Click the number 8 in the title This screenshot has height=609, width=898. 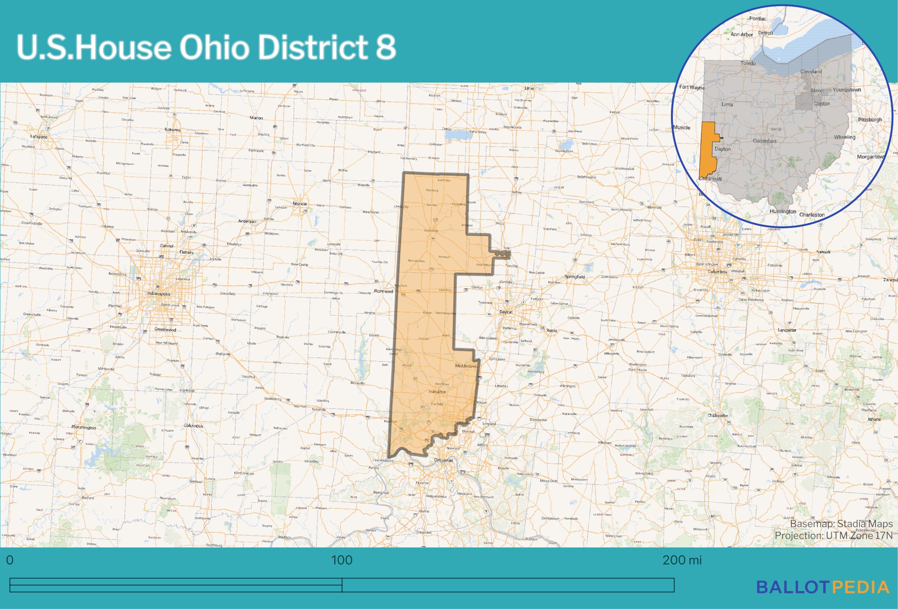point(385,47)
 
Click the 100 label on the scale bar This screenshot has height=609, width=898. point(341,560)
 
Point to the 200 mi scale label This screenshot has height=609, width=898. point(681,560)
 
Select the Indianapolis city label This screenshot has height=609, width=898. point(159,294)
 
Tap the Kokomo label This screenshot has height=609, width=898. point(172,130)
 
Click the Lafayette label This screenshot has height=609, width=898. point(39,137)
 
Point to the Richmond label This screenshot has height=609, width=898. point(383,291)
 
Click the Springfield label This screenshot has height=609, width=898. point(575,277)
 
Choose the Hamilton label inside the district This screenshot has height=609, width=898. point(437,392)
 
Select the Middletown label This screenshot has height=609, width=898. point(466,366)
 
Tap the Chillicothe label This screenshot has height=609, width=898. point(717,415)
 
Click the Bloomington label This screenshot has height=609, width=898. point(83,427)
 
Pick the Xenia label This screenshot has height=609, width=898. point(552,330)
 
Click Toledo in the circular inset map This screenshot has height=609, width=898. point(748,63)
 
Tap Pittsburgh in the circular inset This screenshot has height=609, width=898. point(870,120)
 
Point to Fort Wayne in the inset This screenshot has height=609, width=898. point(692,87)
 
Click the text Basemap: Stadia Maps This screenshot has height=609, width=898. point(841,524)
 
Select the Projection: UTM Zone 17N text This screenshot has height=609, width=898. point(833,536)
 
